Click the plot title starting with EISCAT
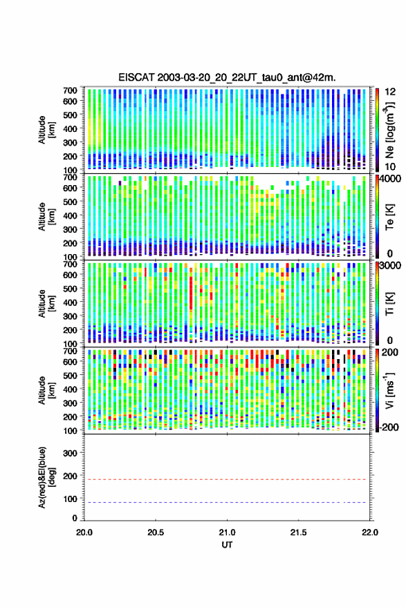[227, 77]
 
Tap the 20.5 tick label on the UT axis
[156, 532]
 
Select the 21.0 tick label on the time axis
[227, 532]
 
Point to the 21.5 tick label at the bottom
[298, 532]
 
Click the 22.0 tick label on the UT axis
[369, 532]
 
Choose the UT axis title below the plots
[227, 545]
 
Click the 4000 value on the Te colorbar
[391, 180]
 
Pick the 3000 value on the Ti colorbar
[391, 266]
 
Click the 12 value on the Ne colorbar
[390, 92]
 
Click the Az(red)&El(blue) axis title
[46, 478]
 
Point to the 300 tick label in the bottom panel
[70, 453]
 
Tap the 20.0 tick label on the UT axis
[84, 532]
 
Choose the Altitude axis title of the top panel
[46, 130]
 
